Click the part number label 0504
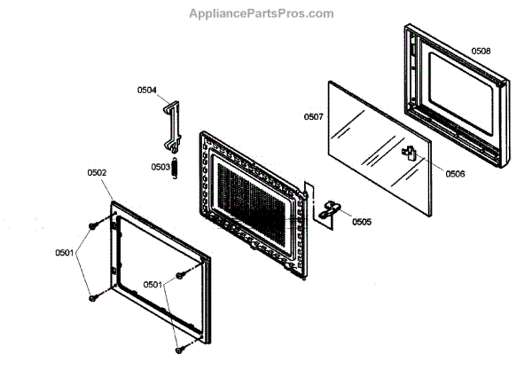(146, 90)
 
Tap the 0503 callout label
(160, 167)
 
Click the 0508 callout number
(481, 51)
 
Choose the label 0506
(454, 174)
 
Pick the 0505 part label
(361, 222)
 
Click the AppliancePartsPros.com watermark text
(262, 13)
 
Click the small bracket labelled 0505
(329, 210)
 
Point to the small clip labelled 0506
(409, 154)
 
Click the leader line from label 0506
(431, 165)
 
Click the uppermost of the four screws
(92, 228)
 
